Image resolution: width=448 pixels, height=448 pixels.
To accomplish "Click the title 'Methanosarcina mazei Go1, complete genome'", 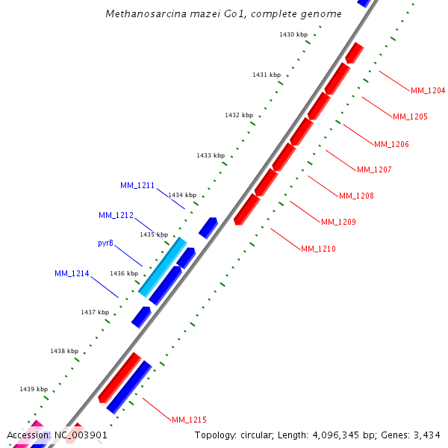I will [x=223, y=13].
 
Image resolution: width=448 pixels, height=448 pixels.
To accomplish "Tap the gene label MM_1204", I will [x=428, y=91].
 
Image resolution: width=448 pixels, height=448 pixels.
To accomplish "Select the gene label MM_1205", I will [x=410, y=117].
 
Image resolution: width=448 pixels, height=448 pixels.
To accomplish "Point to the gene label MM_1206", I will [x=391, y=144].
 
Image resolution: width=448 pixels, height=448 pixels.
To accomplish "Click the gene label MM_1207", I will [x=374, y=170].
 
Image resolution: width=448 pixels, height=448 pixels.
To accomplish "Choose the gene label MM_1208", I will [x=356, y=196].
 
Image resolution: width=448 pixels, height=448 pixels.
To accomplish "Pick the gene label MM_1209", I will [x=338, y=223].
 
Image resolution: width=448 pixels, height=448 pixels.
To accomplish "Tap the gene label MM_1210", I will [x=318, y=249].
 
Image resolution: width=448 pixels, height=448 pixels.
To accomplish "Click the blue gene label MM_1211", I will [x=137, y=185].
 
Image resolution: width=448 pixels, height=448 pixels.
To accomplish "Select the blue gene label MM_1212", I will [x=116, y=216].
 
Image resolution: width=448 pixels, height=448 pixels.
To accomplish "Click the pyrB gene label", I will [x=106, y=243].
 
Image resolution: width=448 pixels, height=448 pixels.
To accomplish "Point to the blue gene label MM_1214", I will [x=72, y=274].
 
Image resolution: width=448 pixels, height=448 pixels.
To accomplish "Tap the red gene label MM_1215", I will [x=189, y=420].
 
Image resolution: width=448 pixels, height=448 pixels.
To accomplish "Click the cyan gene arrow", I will [x=163, y=267].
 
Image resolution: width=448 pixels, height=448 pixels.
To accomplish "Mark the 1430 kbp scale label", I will [x=293, y=34].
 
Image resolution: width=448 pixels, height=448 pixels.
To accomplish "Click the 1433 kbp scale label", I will [x=211, y=155].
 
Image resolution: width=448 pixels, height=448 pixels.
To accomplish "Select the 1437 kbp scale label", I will [x=95, y=312].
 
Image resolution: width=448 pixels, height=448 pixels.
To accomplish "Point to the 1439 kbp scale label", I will [x=34, y=389].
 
